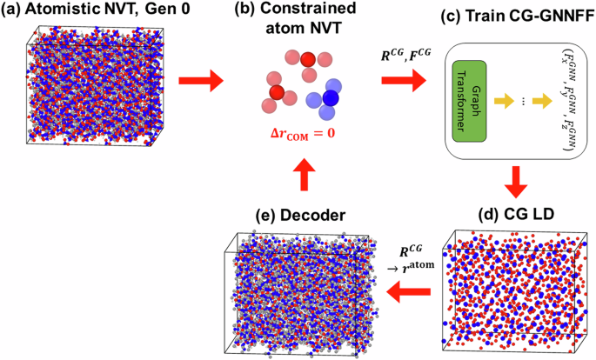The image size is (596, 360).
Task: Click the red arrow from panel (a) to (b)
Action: [201, 83]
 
